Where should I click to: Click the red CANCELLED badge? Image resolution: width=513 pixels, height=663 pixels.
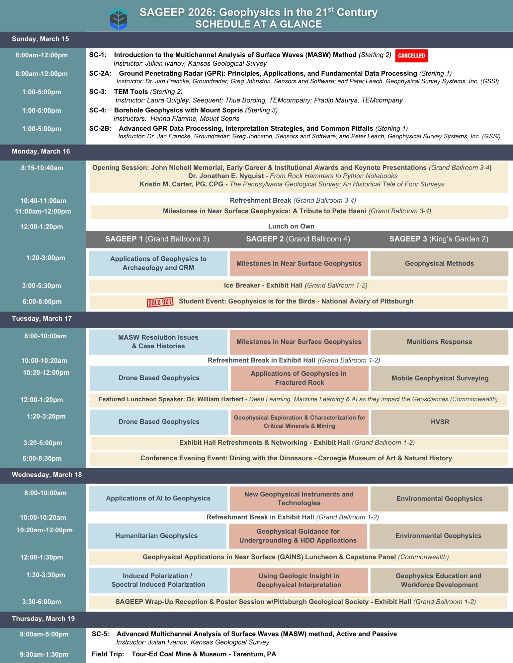point(411,56)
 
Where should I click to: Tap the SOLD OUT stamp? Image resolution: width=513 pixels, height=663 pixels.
point(160,302)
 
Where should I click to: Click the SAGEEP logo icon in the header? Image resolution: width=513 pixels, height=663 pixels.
point(118,19)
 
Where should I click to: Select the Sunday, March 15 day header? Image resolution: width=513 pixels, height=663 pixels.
point(41,39)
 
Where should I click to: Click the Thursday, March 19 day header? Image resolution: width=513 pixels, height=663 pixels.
point(43,619)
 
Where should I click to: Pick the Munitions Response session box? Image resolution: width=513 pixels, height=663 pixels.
point(439,342)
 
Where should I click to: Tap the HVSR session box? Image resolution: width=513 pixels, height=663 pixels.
point(440,422)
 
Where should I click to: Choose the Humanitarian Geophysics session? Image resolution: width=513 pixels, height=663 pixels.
point(157,536)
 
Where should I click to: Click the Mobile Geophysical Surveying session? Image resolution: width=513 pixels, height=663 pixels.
point(440,378)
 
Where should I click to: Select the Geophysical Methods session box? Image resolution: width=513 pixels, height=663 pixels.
point(439,264)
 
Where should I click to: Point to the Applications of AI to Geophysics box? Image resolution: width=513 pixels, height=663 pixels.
point(158,498)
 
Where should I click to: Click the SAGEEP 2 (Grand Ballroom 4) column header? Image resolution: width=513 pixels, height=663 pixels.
point(298,239)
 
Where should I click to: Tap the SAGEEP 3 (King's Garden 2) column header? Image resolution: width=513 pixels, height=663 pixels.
point(439,239)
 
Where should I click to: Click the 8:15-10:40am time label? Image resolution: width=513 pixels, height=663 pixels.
point(42,168)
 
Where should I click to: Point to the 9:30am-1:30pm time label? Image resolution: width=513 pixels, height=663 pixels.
point(44,654)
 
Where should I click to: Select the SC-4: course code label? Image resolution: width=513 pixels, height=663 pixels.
point(98,110)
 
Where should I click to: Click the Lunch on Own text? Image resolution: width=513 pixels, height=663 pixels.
point(291,227)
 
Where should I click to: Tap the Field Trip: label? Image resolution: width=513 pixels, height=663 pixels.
point(108,654)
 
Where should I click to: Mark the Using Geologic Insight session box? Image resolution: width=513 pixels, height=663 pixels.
point(299,580)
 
